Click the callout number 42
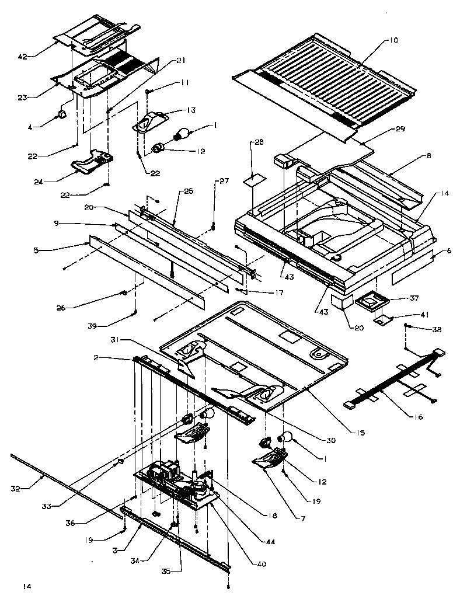[x=23, y=56]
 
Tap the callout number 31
[x=116, y=340]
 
